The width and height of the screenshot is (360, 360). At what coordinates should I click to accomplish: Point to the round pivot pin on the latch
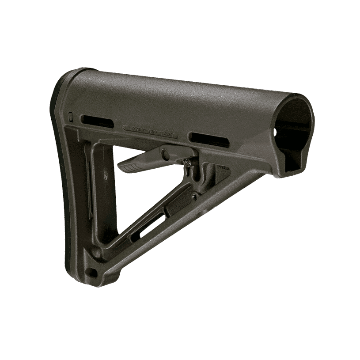tap(165, 154)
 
